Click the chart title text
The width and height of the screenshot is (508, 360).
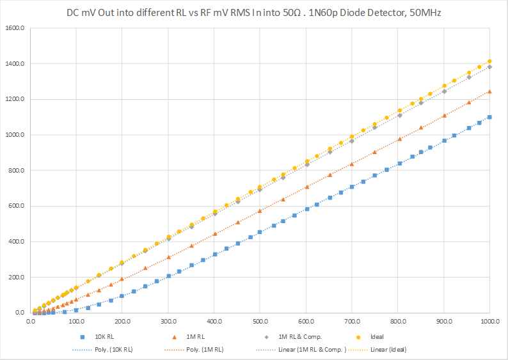[x=254, y=12]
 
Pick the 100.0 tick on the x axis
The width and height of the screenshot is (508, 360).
[x=76, y=322]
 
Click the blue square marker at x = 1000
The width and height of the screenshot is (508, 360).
[x=489, y=117]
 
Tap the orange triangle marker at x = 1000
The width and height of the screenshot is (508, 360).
[x=489, y=91]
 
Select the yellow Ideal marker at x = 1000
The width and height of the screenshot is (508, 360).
[x=489, y=61]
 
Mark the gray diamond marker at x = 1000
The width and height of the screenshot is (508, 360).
[x=489, y=67]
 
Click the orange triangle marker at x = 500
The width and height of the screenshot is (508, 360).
[x=260, y=211]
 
